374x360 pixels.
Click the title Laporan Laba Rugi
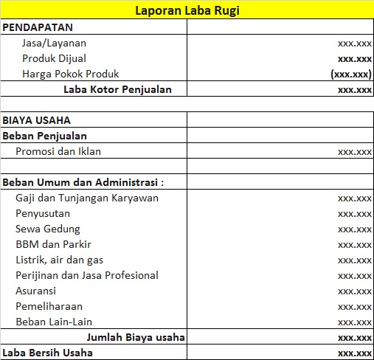coord(187,10)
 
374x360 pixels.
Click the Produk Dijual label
coord(54,58)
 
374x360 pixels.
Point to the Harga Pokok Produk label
coord(71,74)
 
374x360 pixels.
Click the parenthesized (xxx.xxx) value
coord(351,75)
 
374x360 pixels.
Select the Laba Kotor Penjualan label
coord(117,89)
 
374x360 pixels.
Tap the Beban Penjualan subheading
coord(45,136)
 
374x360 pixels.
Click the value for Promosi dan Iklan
coord(354,152)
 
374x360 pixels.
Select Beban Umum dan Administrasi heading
coord(83,182)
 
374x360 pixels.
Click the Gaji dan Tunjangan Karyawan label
coord(87,198)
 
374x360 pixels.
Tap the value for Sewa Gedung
coord(354,229)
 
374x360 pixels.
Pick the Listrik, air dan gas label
coord(59,260)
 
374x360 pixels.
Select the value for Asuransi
coord(354,291)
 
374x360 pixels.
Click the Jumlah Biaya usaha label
coord(135,337)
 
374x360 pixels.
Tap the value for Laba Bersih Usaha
coord(354,353)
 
